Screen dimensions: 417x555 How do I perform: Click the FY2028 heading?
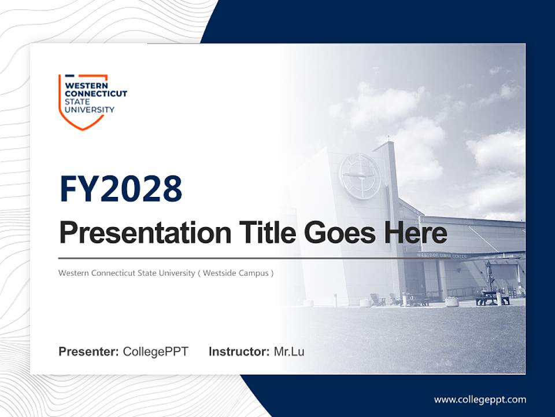[x=121, y=189]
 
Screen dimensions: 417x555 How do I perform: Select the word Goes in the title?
[x=336, y=233]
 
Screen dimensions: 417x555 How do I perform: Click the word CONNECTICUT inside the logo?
[x=95, y=94]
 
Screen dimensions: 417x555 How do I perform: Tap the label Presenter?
[x=88, y=352]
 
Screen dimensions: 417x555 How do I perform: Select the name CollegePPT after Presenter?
[x=156, y=352]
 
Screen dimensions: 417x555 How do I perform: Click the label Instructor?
[x=239, y=352]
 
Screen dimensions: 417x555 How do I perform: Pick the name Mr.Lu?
[x=289, y=352]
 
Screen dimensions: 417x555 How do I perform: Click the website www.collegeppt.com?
[x=480, y=399]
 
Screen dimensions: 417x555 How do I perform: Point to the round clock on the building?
[x=360, y=175]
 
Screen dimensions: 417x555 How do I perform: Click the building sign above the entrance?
[x=442, y=255]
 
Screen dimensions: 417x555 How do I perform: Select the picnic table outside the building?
[x=492, y=298]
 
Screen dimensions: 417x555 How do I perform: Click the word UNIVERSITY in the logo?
[x=90, y=109]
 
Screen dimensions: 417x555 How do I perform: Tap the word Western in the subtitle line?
[x=73, y=273]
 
